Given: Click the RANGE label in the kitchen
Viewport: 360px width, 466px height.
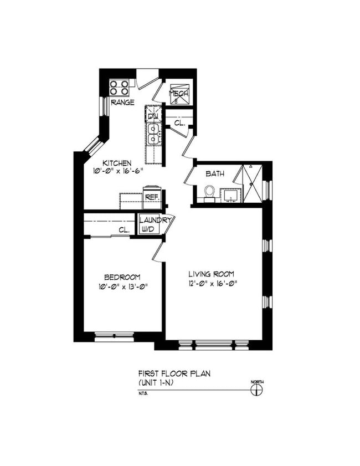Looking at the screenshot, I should coord(122,103).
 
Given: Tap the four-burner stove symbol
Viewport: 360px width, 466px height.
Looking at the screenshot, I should coord(120,88).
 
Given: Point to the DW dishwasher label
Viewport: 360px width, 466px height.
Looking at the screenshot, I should coord(153,116).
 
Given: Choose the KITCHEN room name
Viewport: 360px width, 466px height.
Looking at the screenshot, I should coord(116,163).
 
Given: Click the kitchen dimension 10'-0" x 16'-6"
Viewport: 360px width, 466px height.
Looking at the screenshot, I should coord(118,172).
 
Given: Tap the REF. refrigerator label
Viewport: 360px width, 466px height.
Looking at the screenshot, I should coord(152,197).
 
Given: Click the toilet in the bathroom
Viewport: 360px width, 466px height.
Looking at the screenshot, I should coord(209,192).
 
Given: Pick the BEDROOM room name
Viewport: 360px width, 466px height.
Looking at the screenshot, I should coord(122,277).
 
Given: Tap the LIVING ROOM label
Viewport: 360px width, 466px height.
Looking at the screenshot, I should coord(211,274).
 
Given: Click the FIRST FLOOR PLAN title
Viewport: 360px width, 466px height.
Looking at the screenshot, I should coord(174,374).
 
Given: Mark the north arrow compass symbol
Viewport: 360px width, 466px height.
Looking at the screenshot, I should coord(256,390).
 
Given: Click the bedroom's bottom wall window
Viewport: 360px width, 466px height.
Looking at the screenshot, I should coord(115,336).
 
